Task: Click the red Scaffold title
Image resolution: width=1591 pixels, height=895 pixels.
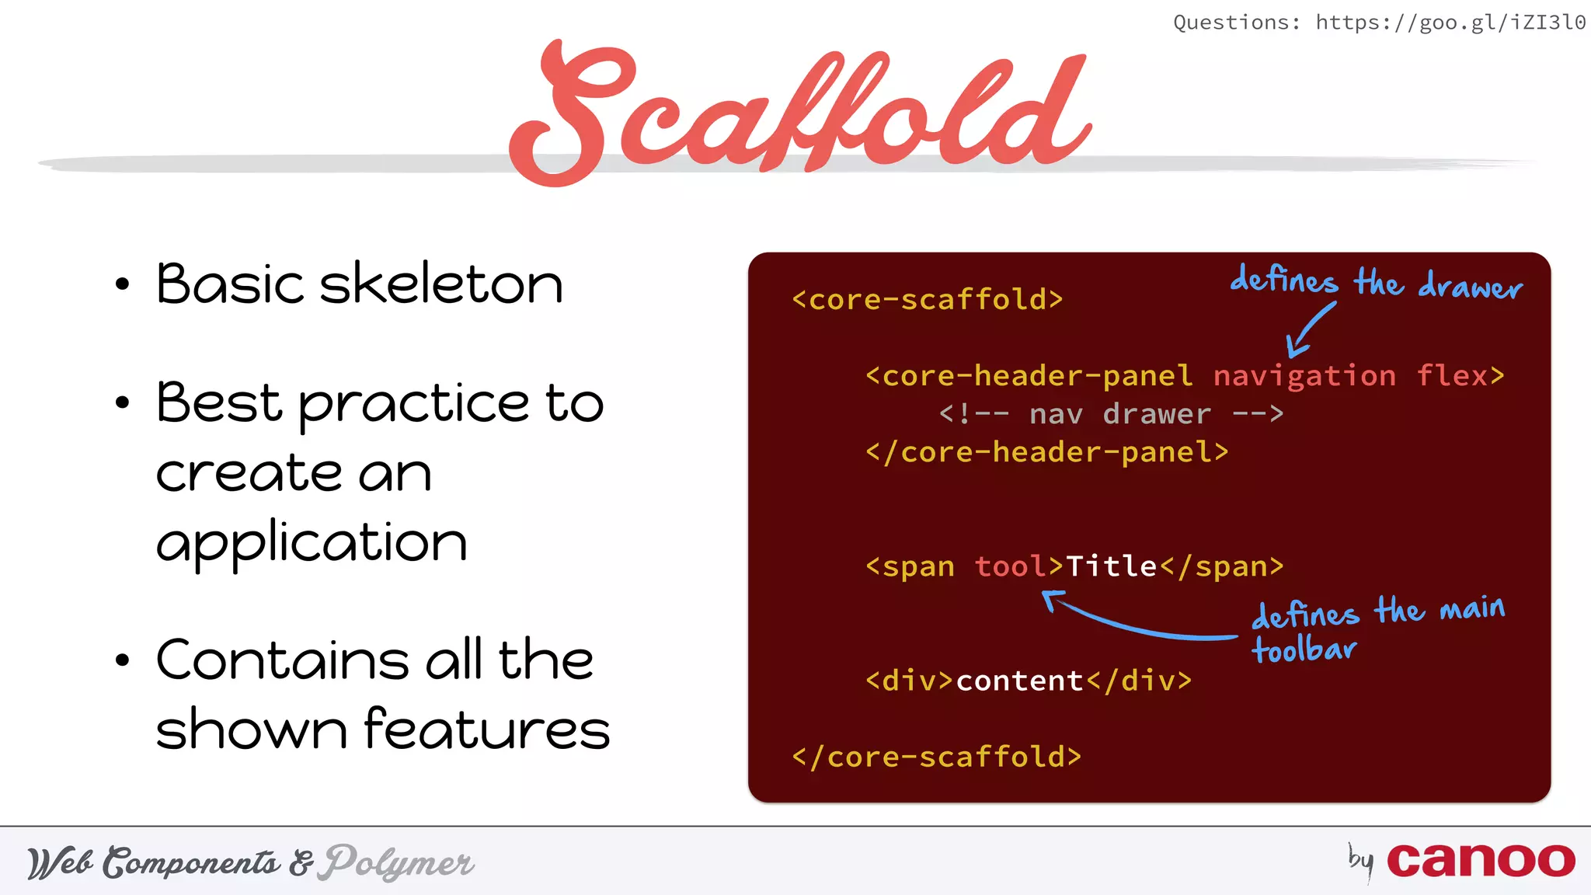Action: click(800, 109)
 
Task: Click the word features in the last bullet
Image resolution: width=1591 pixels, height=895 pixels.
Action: click(486, 730)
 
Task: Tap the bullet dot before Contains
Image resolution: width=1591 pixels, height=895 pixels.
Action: click(122, 661)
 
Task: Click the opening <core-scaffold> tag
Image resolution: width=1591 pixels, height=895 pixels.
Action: click(927, 300)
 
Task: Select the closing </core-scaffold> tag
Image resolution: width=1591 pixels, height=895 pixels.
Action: click(936, 757)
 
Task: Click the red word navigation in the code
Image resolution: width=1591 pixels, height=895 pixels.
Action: click(1304, 376)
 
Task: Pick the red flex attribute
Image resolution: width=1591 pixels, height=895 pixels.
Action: click(1452, 376)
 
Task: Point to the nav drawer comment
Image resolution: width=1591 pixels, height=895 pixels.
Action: click(1111, 414)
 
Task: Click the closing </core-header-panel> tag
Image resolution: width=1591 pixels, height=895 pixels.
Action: click(1046, 452)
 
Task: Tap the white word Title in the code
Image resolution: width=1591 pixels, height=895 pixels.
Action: click(1111, 566)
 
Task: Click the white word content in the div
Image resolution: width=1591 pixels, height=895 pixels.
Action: click(1019, 681)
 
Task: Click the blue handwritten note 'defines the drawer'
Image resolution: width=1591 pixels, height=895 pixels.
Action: click(1375, 282)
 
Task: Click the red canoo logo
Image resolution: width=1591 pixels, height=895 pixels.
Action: click(1480, 861)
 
